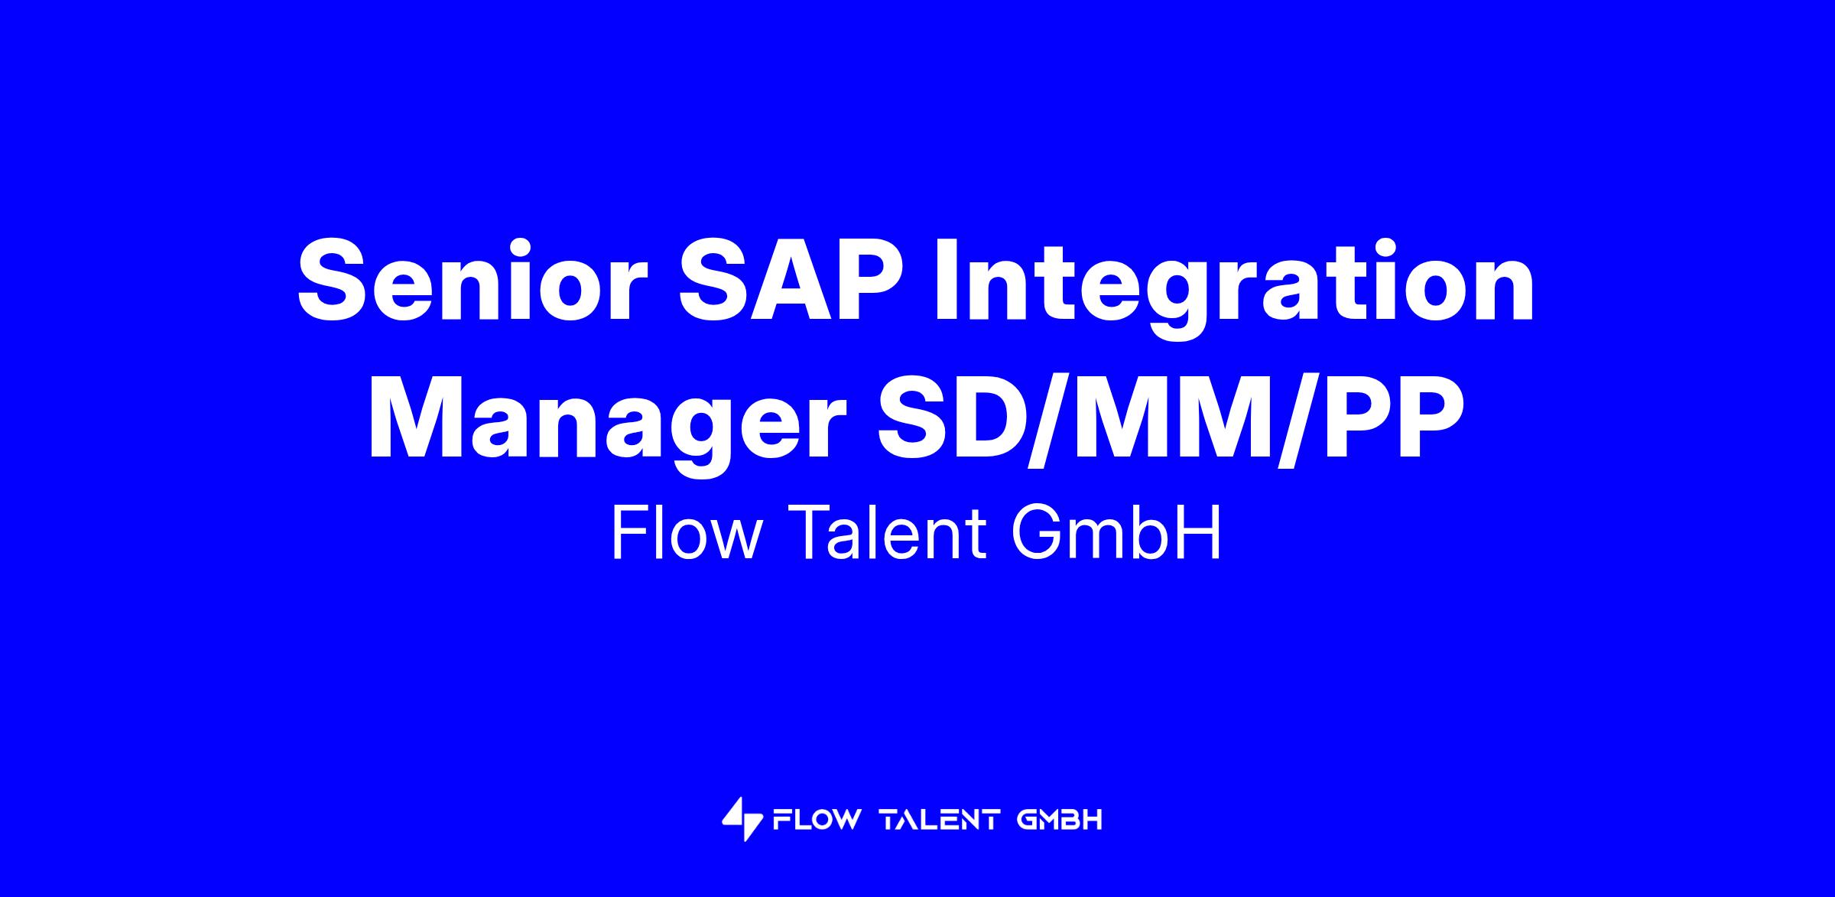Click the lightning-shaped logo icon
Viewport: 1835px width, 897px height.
742,820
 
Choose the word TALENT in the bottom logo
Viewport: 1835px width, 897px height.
940,821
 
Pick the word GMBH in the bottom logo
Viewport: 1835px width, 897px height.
1060,821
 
